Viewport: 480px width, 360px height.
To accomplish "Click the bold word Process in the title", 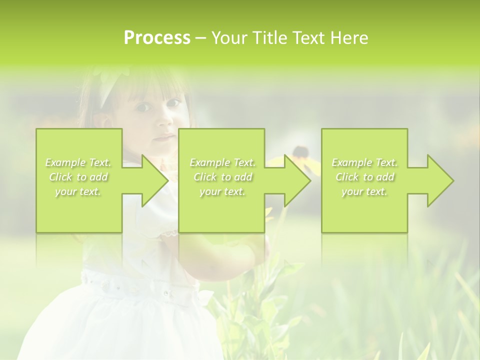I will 157,38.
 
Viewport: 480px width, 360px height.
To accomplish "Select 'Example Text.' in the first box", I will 78,162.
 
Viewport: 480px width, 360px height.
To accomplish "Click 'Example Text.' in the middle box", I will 222,162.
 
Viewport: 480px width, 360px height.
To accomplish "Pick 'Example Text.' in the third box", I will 364,162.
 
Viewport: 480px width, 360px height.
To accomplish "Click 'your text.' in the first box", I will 78,191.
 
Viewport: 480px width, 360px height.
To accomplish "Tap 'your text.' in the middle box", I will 222,191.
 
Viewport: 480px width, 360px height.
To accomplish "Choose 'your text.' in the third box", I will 364,191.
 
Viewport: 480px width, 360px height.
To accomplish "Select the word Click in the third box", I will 348,177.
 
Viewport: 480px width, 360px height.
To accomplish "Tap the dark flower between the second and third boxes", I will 300,151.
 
